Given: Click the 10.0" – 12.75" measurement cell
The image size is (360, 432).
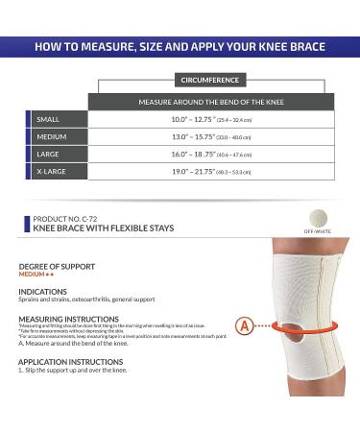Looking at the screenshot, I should pyautogui.click(x=205, y=119).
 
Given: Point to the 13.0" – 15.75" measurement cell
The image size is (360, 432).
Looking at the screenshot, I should pyautogui.click(x=205, y=136).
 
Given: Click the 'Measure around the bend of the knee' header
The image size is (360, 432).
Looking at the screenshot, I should pyautogui.click(x=205, y=100).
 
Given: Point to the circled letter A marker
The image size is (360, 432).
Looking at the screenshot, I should pyautogui.click(x=245, y=325).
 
